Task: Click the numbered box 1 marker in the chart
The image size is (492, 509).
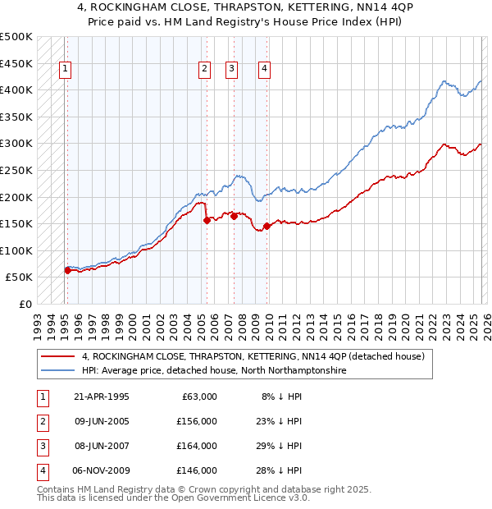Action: pyautogui.click(x=65, y=70)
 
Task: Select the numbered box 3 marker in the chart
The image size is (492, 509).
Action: pyautogui.click(x=233, y=70)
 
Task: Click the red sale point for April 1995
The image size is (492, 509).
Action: pyautogui.click(x=67, y=270)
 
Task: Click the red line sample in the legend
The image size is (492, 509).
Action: pyautogui.click(x=58, y=357)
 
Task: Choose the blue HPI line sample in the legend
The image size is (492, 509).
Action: pyautogui.click(x=58, y=371)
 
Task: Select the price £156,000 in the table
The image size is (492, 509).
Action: pyautogui.click(x=197, y=421)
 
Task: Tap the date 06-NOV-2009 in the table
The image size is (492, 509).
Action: pyautogui.click(x=102, y=470)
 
